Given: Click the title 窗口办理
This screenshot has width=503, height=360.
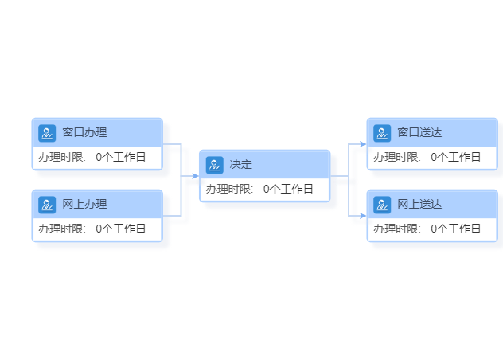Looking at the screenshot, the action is coord(84,132).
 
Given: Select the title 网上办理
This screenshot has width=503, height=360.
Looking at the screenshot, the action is coord(84,204).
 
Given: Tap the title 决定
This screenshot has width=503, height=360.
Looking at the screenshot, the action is coord(241,164).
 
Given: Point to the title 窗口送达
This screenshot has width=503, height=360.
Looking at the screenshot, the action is coord(419,132).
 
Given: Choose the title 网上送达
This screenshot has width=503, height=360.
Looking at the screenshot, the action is coord(419,204).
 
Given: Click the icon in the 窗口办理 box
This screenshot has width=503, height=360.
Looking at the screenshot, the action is coord(47,133).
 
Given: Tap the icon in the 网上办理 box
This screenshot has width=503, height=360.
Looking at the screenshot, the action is coord(47,205).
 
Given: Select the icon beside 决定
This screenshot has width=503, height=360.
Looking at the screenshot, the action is coord(215,165).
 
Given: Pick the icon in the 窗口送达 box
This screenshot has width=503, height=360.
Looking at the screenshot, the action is coord(382,133).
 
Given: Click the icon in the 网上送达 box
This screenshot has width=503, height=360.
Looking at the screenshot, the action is coord(382,205).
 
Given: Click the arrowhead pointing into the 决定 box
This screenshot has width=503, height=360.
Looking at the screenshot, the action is coord(195,176).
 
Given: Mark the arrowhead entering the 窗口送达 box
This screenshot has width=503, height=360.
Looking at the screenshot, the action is coord(363,144).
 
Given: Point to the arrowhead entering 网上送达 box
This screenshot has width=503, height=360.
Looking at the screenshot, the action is coord(363,216).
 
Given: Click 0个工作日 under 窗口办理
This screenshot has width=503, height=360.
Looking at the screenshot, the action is coord(121,157).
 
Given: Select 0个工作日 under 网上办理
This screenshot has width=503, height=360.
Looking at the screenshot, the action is coord(121,229).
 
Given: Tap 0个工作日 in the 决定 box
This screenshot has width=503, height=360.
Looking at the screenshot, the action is coord(288,189).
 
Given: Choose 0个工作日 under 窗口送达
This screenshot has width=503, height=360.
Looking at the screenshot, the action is coord(455,157).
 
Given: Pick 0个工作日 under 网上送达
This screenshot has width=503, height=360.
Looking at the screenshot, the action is coord(455,229).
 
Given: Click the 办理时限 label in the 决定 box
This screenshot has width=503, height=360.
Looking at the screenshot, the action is coord(229,189).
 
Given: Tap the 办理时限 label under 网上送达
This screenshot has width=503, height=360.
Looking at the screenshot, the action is coord(397,229).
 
